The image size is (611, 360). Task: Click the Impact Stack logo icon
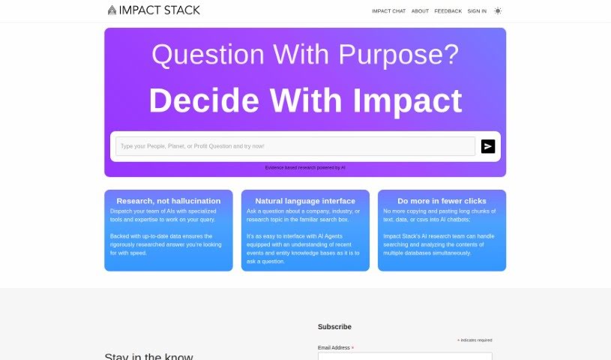pos(112,10)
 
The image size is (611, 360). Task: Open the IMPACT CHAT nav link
pos(388,11)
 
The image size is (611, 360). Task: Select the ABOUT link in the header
pos(420,11)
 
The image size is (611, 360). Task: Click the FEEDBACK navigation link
pos(448,11)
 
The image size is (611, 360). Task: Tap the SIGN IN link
pos(477,11)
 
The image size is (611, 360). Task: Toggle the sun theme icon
pos(498,11)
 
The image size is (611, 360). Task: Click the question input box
pos(295,146)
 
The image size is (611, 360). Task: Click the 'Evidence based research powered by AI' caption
pos(305,167)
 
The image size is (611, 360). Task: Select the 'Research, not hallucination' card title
pos(169,201)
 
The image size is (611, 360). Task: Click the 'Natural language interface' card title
pos(305,201)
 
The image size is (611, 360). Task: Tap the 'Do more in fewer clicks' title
pos(442,201)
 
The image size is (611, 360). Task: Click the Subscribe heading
pos(334,327)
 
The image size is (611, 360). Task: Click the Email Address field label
pos(334,348)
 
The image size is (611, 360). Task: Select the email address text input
pos(405,356)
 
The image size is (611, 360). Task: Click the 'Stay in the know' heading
pos(148,356)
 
